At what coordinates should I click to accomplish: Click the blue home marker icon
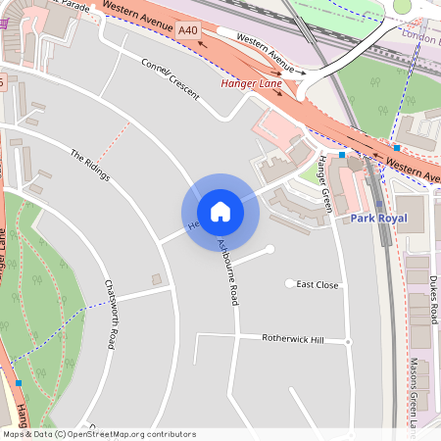pos(220,212)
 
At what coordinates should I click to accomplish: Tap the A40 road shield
pos(189,32)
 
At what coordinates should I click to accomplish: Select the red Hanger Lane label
pos(251,84)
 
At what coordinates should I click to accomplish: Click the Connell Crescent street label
pos(170,80)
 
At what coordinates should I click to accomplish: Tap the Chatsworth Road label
pos(113,313)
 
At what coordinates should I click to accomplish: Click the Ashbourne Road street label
pos(227,269)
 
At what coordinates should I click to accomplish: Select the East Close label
pos(318,284)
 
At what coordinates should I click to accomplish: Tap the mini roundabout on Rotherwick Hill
pos(348,342)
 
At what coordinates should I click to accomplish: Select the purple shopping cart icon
pos(4,21)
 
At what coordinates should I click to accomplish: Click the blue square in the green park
pos(18,382)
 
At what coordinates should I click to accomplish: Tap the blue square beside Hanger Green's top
pos(341,155)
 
